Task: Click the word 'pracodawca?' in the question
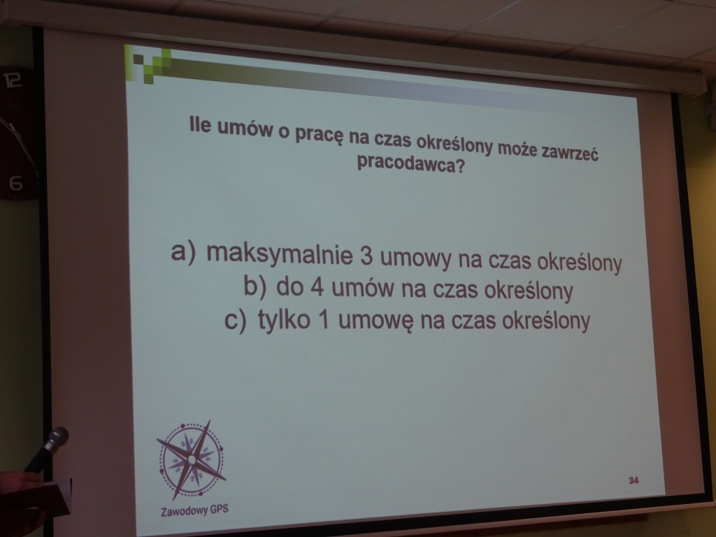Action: point(410,164)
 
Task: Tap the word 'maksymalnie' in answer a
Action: point(280,254)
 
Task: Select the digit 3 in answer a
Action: point(366,257)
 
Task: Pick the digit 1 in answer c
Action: point(323,319)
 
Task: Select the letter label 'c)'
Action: point(236,319)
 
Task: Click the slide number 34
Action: point(633,480)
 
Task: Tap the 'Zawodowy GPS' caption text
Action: point(194,510)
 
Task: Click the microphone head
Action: point(57,437)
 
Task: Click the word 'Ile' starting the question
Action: point(200,126)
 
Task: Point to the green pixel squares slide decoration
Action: point(148,64)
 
